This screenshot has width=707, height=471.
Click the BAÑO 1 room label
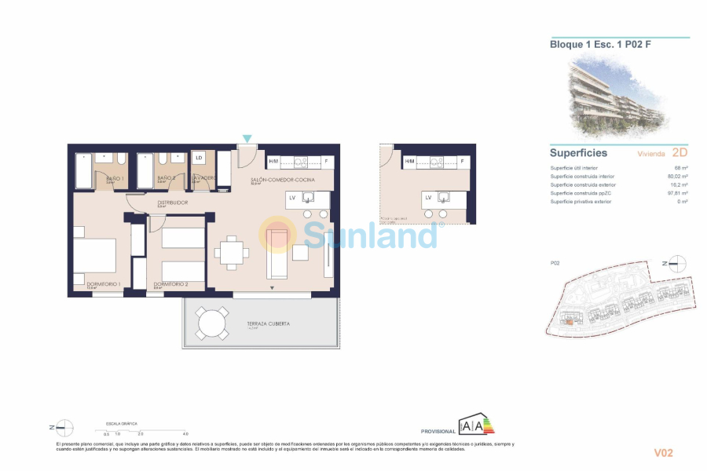tap(114, 179)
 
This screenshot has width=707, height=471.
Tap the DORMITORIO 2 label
tap(170, 283)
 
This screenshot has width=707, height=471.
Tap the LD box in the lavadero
tap(199, 158)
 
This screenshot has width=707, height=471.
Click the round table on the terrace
tap(211, 323)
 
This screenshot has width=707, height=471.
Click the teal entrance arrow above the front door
tap(247, 139)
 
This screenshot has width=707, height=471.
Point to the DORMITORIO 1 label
tap(103, 283)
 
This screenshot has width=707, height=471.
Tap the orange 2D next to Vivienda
tap(680, 152)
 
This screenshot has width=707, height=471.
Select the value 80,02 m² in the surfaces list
tap(677, 177)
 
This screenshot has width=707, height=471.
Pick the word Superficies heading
tap(578, 153)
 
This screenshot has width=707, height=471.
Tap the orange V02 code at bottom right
tap(664, 452)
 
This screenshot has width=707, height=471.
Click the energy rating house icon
tap(476, 425)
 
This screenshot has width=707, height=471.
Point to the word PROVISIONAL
tap(438, 432)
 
